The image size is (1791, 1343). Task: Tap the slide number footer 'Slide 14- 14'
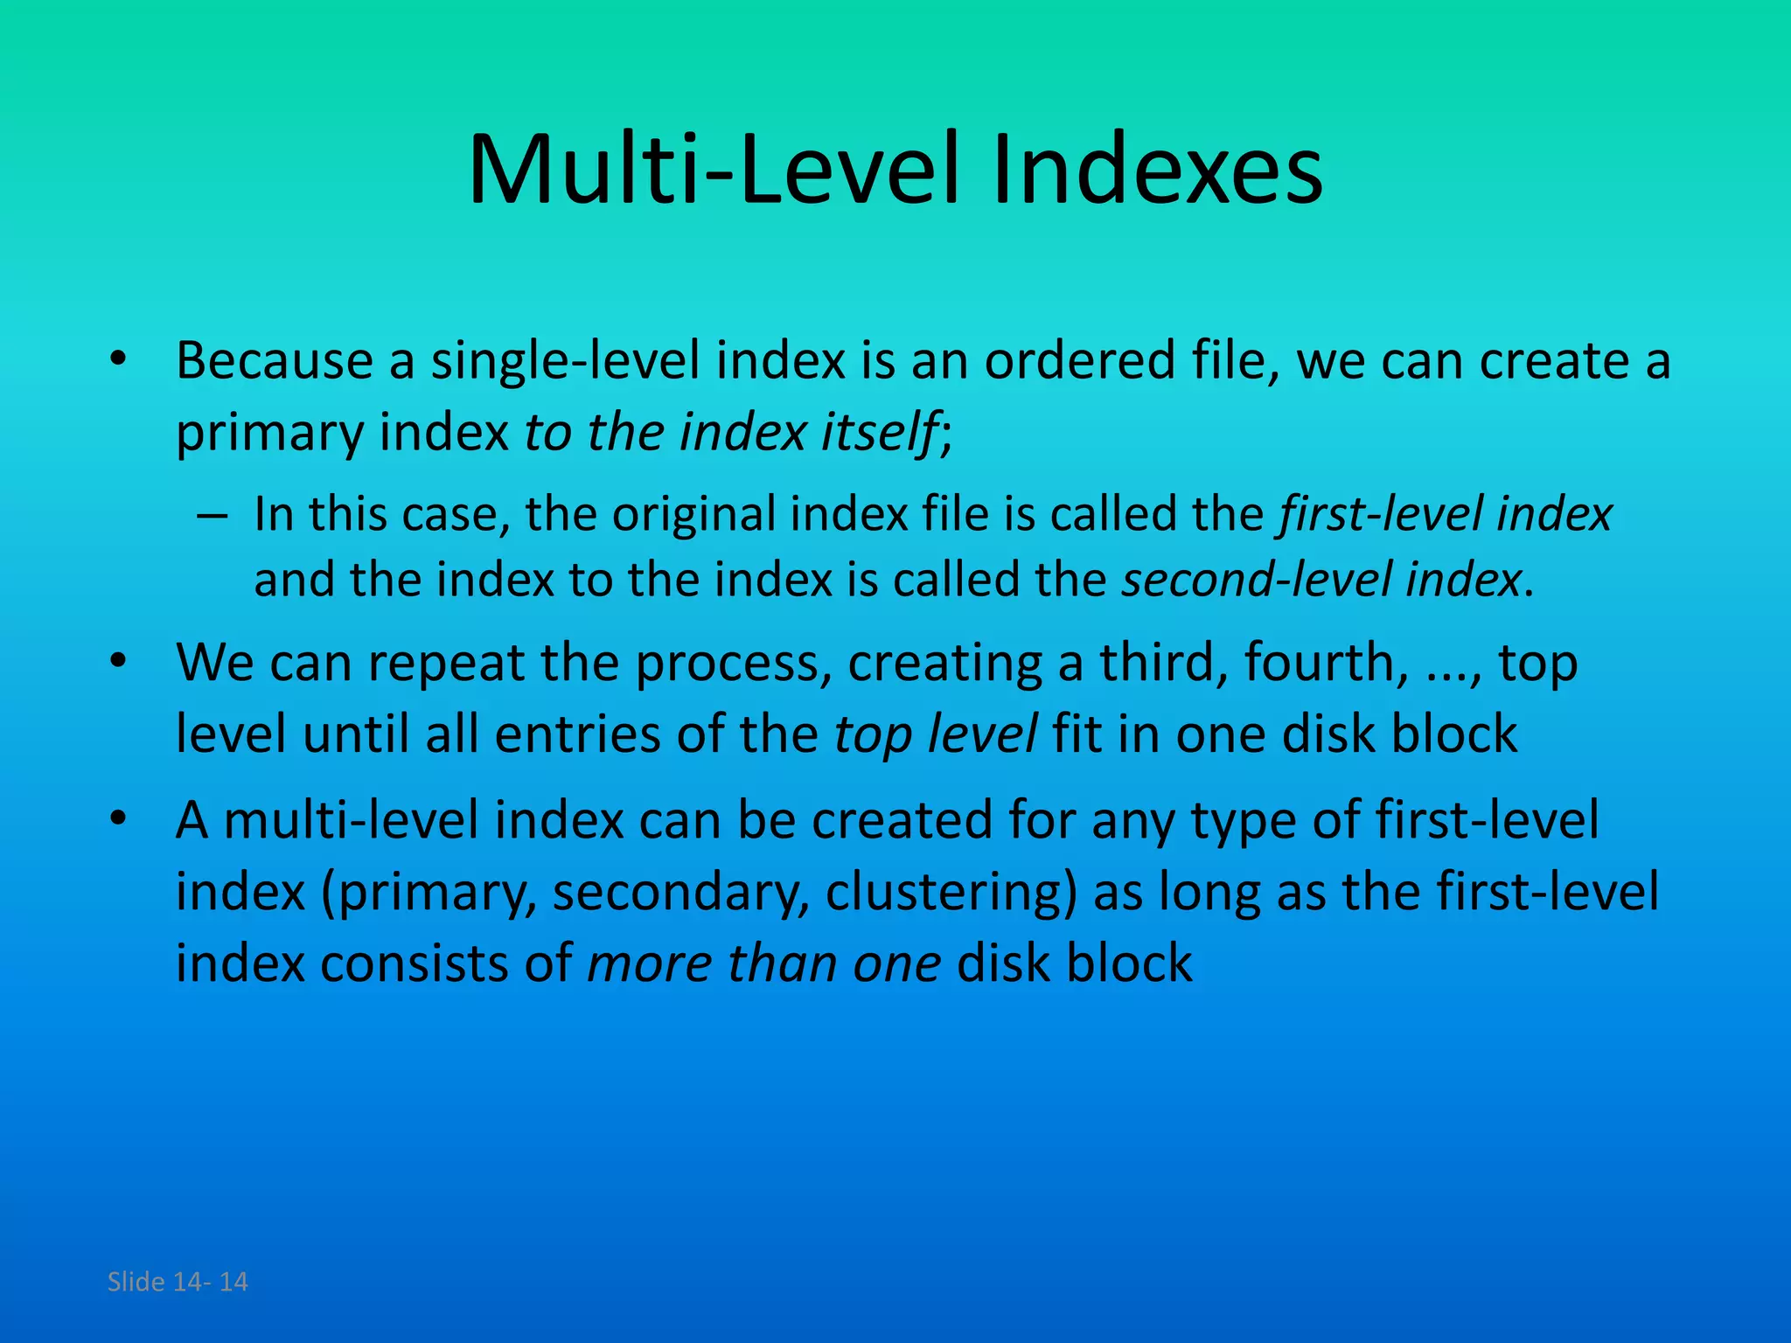point(178,1282)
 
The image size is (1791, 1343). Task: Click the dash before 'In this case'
point(212,515)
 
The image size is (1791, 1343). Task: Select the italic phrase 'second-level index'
point(1321,580)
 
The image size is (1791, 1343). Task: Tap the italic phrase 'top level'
point(935,734)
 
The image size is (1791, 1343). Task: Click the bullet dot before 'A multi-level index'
point(119,819)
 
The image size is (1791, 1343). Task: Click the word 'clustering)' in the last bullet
point(950,893)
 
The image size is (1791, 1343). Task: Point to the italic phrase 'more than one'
point(763,964)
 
